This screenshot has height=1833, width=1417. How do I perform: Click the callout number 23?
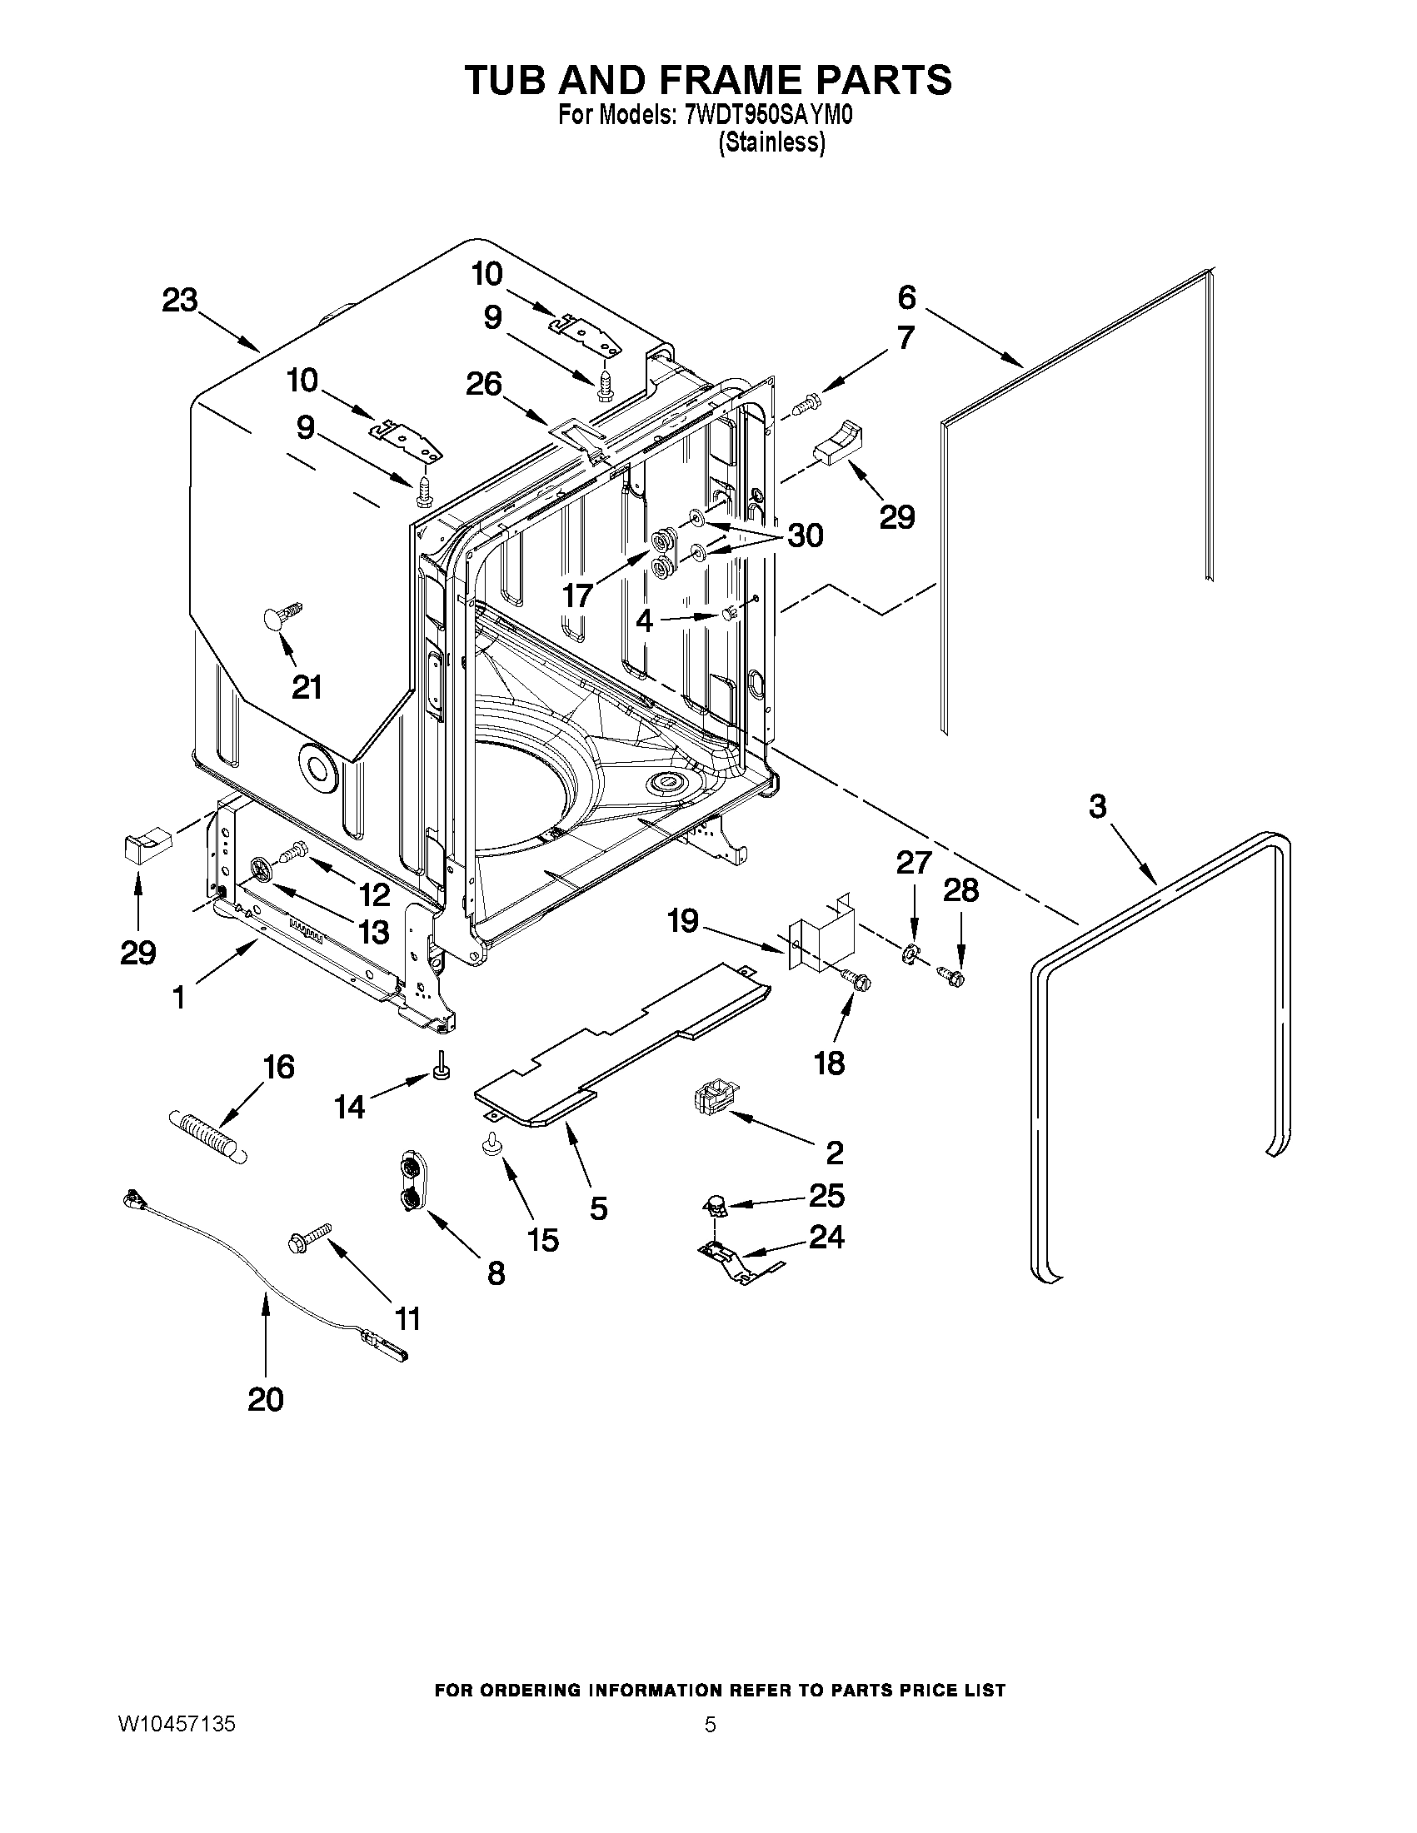coord(179,301)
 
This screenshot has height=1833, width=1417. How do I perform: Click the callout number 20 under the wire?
coord(265,1399)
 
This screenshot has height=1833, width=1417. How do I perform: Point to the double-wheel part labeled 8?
coord(412,1183)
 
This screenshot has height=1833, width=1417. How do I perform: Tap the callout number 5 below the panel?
coord(597,1208)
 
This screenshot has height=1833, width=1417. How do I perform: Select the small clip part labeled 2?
coord(716,1097)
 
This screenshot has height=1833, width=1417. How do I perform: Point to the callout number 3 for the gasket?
coord(1097,806)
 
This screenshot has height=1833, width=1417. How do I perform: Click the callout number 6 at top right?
coord(906,297)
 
